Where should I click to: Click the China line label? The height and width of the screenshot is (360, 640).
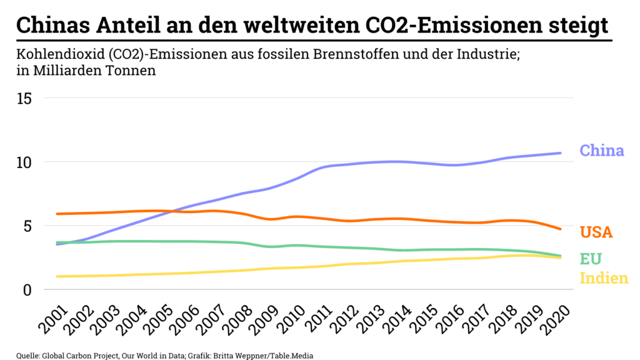tap(601, 151)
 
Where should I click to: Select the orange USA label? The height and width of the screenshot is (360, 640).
tap(596, 232)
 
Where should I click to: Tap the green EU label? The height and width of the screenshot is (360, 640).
tap(591, 259)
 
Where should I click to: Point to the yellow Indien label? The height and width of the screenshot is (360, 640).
tap(603, 278)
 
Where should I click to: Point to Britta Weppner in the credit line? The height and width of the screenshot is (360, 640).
tap(241, 355)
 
